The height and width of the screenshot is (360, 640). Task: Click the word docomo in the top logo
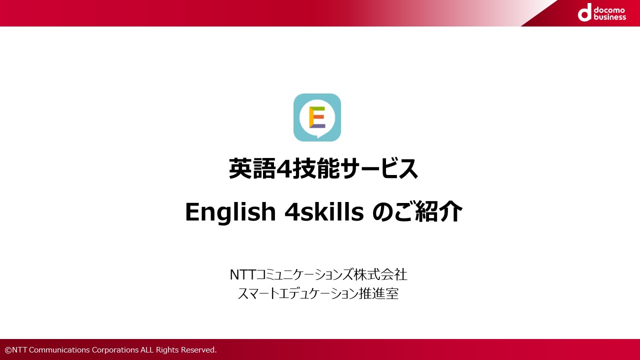click(609, 10)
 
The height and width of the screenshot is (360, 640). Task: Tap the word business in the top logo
click(609, 17)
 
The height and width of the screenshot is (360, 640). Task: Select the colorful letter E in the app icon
click(317, 117)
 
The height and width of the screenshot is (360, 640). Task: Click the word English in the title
click(230, 211)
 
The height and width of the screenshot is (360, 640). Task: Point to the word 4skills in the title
click(324, 211)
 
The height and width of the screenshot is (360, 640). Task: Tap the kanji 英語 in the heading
click(252, 168)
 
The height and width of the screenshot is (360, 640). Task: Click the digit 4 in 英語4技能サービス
click(283, 169)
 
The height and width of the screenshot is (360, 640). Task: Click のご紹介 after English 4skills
click(417, 211)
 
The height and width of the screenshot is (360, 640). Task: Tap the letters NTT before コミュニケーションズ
click(242, 274)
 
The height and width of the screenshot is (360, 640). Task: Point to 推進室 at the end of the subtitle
click(378, 293)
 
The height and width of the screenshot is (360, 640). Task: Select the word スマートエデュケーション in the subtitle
click(298, 293)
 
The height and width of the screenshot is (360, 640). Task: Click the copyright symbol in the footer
click(8, 350)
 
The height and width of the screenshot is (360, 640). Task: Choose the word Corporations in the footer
click(115, 350)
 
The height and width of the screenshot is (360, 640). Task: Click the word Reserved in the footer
click(199, 349)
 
